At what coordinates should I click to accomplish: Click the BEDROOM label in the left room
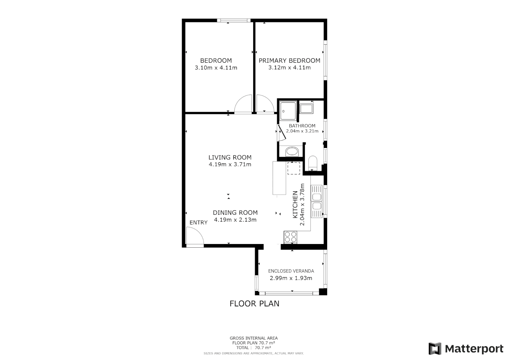pyautogui.click(x=216, y=61)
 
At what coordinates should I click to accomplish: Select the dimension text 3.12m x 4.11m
pyautogui.click(x=289, y=68)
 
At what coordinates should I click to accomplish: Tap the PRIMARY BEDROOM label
pyautogui.click(x=289, y=61)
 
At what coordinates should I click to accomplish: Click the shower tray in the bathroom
pyautogui.click(x=288, y=110)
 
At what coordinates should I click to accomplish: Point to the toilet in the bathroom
pyautogui.click(x=313, y=162)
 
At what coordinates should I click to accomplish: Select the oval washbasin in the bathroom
pyautogui.click(x=292, y=152)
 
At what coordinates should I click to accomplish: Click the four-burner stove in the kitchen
pyautogui.click(x=290, y=237)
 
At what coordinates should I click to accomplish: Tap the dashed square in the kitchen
pyautogui.click(x=293, y=168)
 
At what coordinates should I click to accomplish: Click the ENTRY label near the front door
pyautogui.click(x=199, y=223)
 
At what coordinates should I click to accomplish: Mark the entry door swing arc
pyautogui.click(x=195, y=236)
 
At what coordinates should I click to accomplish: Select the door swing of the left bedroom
pyautogui.click(x=244, y=104)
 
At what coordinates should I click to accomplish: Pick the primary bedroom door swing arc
pyautogui.click(x=265, y=104)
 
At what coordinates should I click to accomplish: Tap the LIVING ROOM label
pyautogui.click(x=230, y=157)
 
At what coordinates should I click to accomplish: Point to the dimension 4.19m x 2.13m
pyautogui.click(x=235, y=220)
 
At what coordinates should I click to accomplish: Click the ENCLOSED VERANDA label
pyautogui.click(x=291, y=271)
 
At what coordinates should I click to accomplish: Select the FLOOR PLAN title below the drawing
pyautogui.click(x=254, y=304)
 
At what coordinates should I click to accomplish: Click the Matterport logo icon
pyautogui.click(x=435, y=349)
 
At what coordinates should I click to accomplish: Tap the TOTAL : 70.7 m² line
pyautogui.click(x=254, y=348)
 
